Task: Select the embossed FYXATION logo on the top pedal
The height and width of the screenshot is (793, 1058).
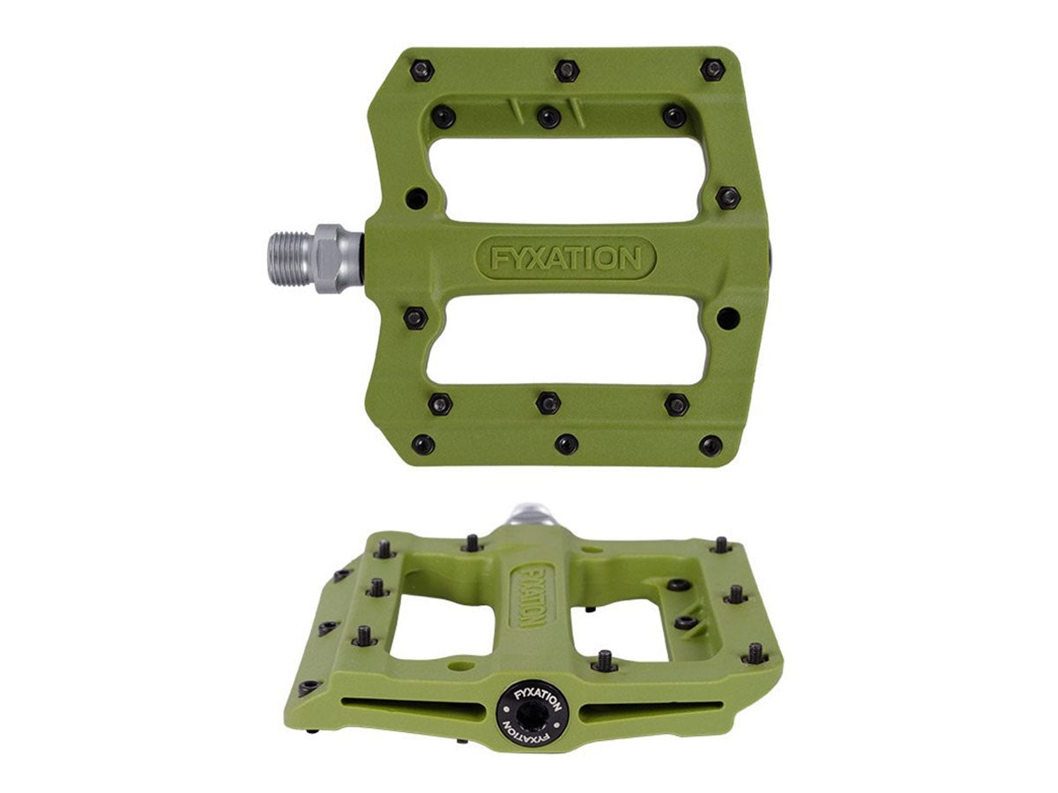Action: point(565,258)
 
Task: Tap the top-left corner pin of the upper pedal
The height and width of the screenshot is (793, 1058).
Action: point(421,70)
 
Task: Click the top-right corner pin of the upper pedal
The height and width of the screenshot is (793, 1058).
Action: point(712,70)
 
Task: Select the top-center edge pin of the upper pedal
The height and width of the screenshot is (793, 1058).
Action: point(566,70)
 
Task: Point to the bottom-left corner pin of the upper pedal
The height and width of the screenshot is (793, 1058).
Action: point(422,444)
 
